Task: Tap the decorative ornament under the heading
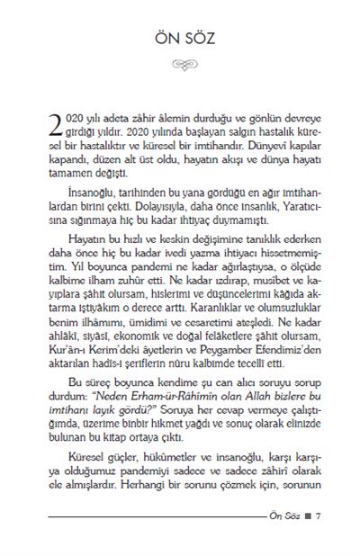180,66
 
